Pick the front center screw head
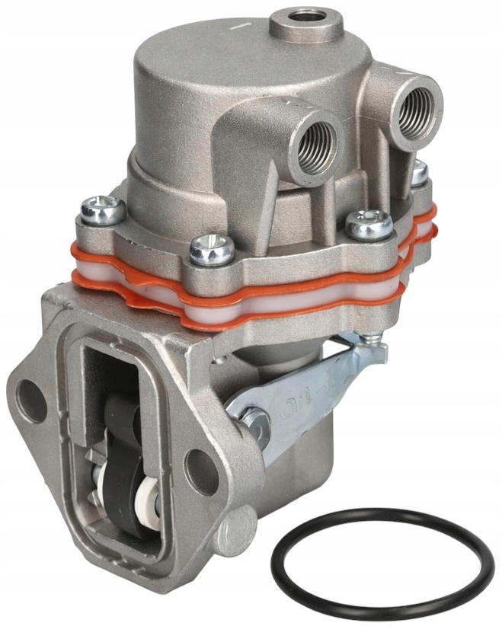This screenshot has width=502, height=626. [x=206, y=248]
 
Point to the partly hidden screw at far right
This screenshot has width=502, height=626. [x=419, y=174]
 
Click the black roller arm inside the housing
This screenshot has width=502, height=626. [x=122, y=457]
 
